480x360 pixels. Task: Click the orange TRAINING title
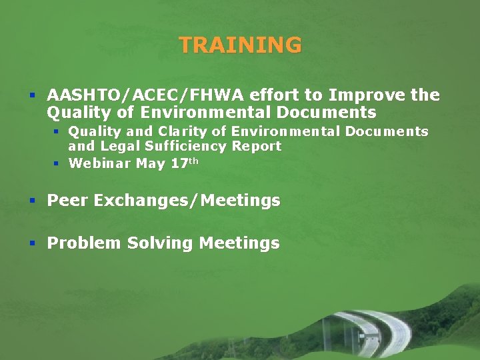click(x=240, y=45)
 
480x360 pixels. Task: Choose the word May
click(x=151, y=163)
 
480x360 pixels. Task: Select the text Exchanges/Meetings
click(x=187, y=201)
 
